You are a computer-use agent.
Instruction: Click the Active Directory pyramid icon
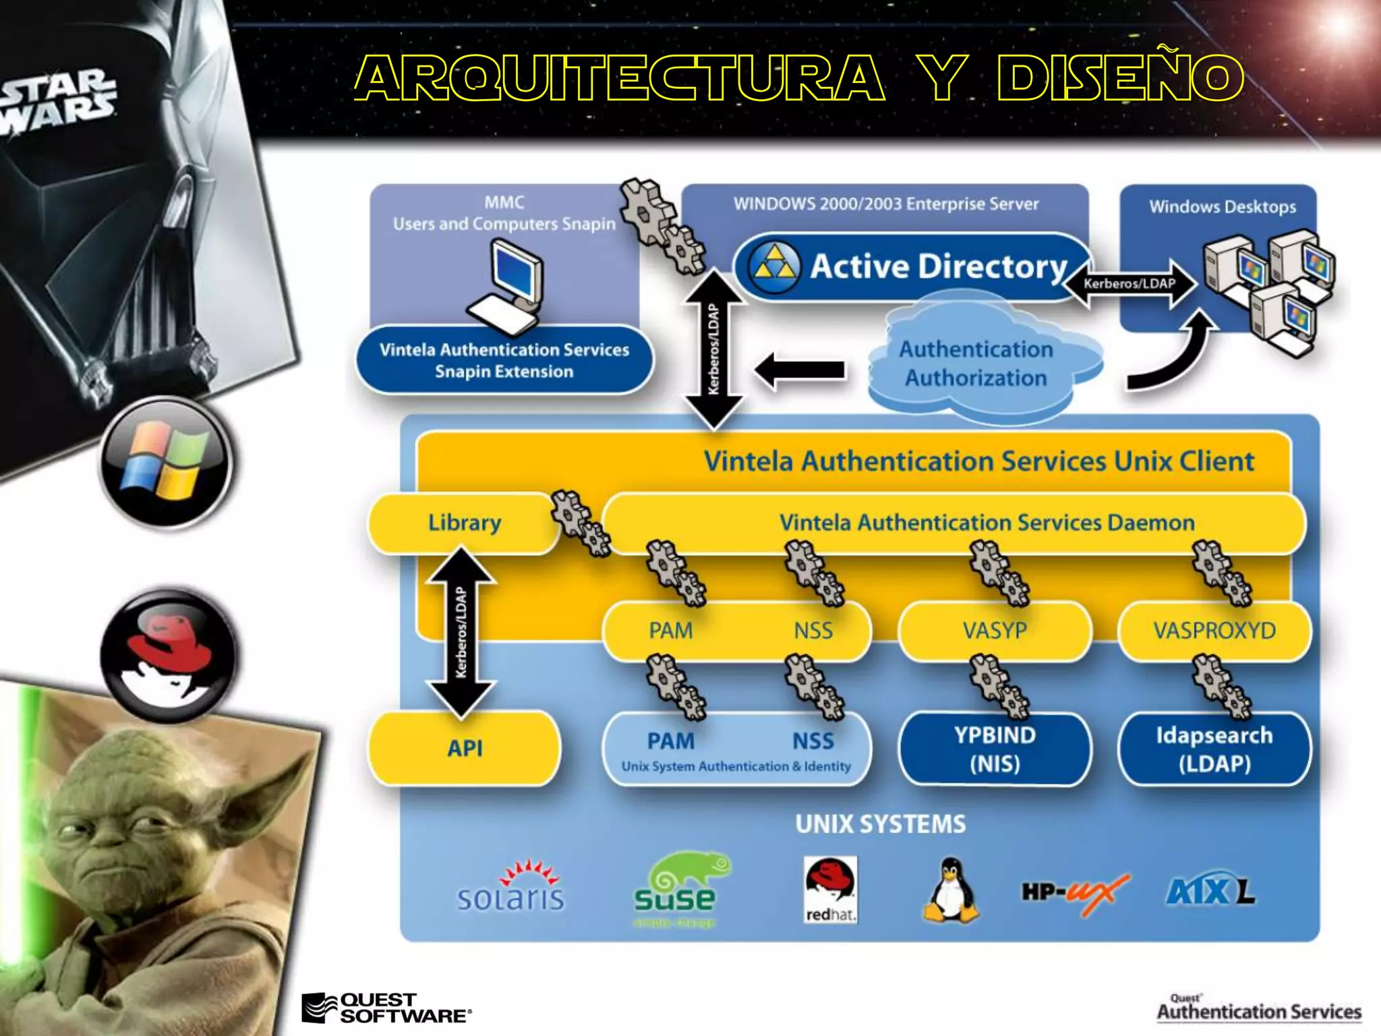pos(775,267)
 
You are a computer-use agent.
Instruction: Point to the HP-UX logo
pos(1074,893)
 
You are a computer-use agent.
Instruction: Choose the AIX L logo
pos(1210,892)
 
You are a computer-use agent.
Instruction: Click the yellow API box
pos(465,748)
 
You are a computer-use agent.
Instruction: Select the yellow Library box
pos(465,523)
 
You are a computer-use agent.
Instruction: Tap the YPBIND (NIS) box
pos(995,749)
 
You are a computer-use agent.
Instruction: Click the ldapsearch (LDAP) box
pos(1214,749)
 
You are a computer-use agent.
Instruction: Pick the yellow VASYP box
pos(995,631)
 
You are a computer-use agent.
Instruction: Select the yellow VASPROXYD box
pos(1214,631)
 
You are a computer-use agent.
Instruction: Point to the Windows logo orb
pos(166,463)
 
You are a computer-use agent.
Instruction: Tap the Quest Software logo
pos(386,1008)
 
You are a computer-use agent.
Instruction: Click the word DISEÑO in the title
pos(1120,78)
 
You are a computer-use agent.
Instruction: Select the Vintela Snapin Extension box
pos(504,360)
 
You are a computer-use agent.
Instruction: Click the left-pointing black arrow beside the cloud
pos(800,370)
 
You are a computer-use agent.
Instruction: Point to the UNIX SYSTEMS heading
pos(880,824)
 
